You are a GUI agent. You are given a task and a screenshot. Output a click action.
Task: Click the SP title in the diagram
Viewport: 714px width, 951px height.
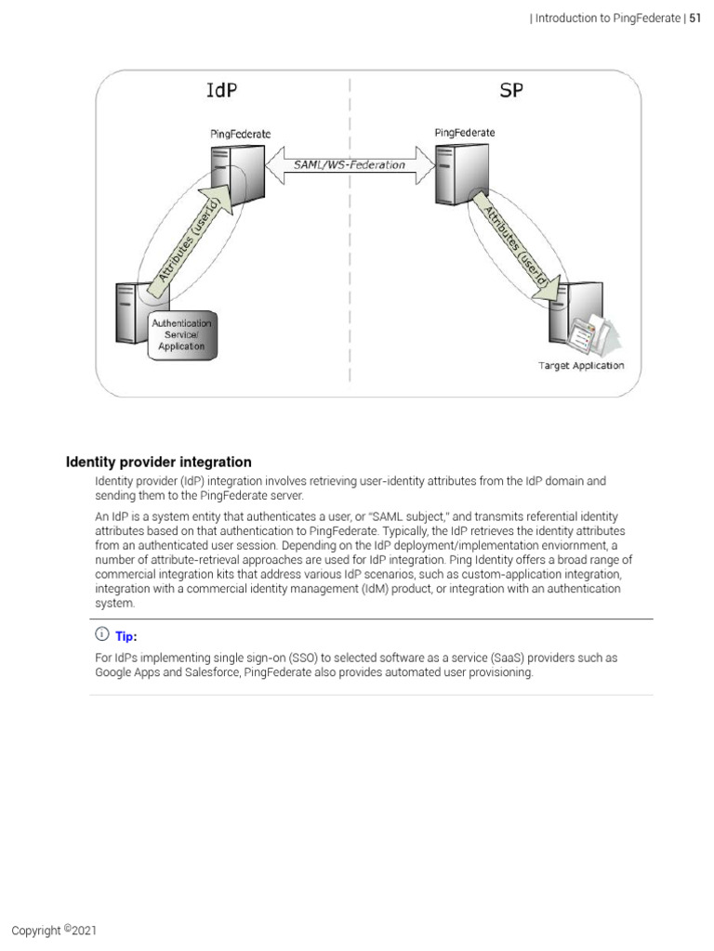click(512, 91)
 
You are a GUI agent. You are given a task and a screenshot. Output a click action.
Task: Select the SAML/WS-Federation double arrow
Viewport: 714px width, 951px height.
click(350, 164)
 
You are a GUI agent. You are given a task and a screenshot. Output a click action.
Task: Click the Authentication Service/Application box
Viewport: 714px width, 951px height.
click(181, 334)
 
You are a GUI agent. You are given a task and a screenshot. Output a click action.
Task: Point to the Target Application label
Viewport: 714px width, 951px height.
click(581, 366)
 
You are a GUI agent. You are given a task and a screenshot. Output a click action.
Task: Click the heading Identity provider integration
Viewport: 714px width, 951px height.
click(158, 462)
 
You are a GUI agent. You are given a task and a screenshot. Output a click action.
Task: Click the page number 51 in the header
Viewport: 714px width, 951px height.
click(694, 19)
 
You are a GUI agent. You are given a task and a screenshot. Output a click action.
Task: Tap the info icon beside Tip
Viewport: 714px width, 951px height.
click(101, 635)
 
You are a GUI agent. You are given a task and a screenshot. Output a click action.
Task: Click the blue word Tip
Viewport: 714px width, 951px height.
click(126, 637)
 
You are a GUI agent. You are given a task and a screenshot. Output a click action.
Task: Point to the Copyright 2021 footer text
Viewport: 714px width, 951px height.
click(54, 931)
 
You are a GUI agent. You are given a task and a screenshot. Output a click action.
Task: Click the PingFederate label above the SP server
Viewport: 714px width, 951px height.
click(465, 133)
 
